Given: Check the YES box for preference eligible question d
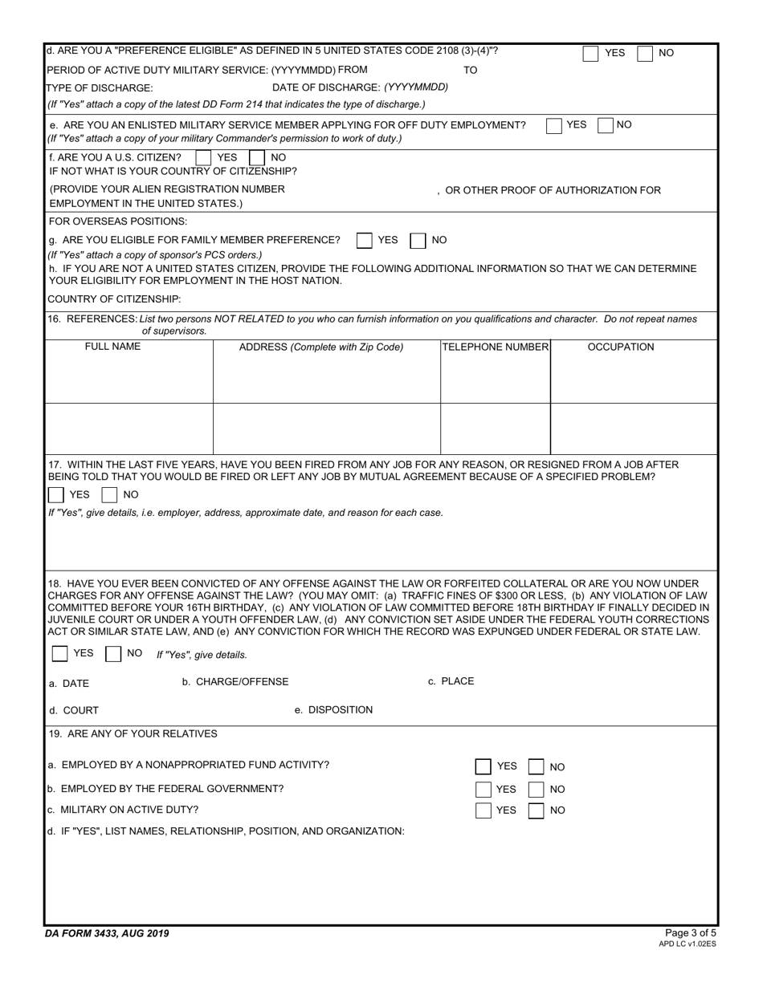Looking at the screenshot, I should [590, 54].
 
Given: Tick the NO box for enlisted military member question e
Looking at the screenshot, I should [606, 126].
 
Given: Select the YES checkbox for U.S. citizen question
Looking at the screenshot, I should [204, 158].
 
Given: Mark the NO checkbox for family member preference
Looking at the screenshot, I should [418, 241].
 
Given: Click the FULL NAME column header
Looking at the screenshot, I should [112, 347].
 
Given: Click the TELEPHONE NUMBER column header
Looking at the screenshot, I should [496, 347].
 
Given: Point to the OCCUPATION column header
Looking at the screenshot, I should [621, 347].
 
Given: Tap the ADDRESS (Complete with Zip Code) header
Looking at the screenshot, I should [321, 347].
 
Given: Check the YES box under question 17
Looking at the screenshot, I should [56, 495].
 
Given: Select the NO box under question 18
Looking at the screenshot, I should [113, 654].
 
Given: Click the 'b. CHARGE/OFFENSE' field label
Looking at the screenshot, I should [235, 682].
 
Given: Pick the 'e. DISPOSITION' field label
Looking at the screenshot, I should [333, 710].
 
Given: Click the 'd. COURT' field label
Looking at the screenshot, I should [74, 711].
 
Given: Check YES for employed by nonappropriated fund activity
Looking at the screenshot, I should [484, 767].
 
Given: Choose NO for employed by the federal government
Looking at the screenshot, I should [537, 790].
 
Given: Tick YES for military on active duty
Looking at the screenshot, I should [484, 811].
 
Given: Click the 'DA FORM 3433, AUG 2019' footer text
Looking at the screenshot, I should [108, 933].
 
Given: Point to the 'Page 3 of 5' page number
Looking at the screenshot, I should [691, 932].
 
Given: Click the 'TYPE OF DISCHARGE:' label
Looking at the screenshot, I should [100, 87].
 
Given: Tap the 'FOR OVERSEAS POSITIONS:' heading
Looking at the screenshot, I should [118, 221].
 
